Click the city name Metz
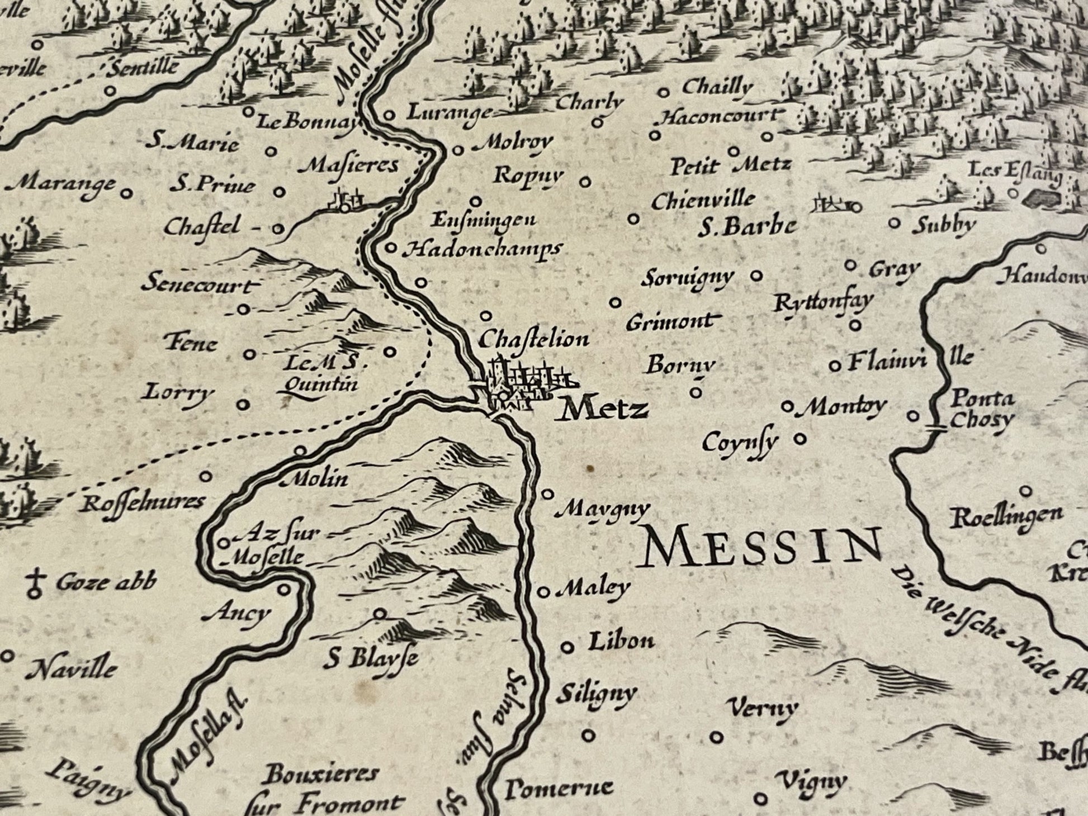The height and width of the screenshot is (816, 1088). coord(604,410)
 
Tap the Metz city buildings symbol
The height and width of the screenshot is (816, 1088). coord(523,386)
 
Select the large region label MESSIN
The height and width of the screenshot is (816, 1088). coord(762,547)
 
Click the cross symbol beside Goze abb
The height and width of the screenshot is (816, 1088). coord(36,582)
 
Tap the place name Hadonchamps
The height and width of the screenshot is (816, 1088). coord(481,249)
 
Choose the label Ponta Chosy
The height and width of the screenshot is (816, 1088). coord(982,409)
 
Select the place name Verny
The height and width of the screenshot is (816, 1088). coord(764,709)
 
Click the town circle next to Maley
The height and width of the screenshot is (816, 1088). coord(543,591)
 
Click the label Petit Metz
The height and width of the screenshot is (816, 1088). coord(730,165)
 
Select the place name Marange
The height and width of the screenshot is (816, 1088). coord(63,184)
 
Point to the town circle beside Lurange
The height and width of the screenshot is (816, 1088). coord(390,116)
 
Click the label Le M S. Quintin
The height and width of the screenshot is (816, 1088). coord(321,373)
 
